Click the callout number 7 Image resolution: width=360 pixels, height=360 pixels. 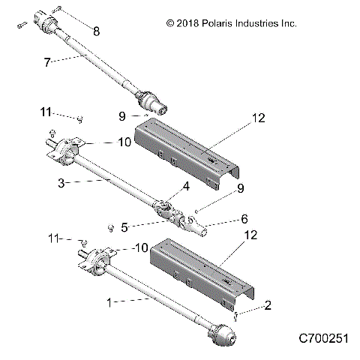click(x=48, y=63)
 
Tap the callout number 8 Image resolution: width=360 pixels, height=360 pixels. click(x=94, y=31)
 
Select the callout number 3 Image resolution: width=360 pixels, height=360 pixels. click(x=64, y=182)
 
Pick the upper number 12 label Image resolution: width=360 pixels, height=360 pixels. click(x=259, y=118)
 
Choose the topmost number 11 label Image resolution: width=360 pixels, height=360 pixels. click(x=46, y=112)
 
